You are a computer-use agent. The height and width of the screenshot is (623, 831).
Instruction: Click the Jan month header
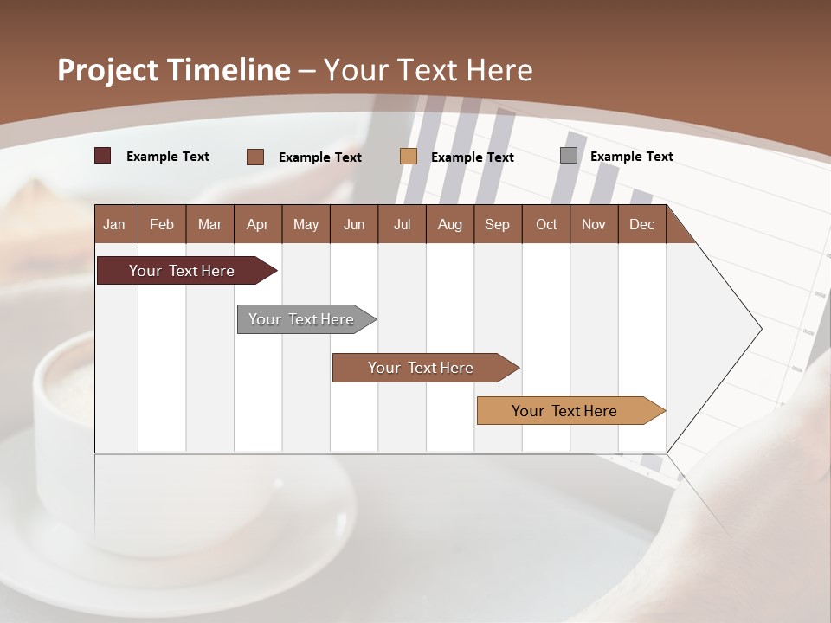pyautogui.click(x=114, y=224)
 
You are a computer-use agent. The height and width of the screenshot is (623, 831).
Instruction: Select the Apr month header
pyautogui.click(x=257, y=224)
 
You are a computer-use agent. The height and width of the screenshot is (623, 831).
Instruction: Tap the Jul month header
pyautogui.click(x=402, y=224)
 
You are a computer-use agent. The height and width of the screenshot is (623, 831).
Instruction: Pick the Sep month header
pyautogui.click(x=497, y=224)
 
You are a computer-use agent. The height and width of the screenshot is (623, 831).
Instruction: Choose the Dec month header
pyautogui.click(x=641, y=224)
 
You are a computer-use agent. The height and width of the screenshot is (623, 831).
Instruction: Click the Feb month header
pyautogui.click(x=162, y=224)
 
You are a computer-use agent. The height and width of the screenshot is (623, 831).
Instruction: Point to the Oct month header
pyautogui.click(x=546, y=224)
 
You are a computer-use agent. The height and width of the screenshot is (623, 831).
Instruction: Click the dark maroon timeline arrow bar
pyautogui.click(x=182, y=271)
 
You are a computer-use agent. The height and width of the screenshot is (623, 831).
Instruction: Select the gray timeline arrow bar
pyautogui.click(x=301, y=319)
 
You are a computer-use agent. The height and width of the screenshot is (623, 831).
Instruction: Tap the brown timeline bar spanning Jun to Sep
pyautogui.click(x=421, y=368)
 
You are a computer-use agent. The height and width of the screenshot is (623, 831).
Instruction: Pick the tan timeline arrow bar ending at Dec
pyautogui.click(x=564, y=411)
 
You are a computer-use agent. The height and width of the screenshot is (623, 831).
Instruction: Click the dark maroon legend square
pyautogui.click(x=103, y=156)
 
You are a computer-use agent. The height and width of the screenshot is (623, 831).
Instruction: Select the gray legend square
pyautogui.click(x=569, y=156)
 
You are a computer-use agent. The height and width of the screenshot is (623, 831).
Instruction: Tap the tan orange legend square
pyautogui.click(x=409, y=157)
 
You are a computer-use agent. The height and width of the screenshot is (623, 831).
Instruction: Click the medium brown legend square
pyautogui.click(x=255, y=157)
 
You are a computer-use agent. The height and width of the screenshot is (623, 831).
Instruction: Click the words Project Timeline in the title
pyautogui.click(x=173, y=70)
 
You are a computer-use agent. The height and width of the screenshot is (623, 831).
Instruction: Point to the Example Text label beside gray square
pyautogui.click(x=631, y=157)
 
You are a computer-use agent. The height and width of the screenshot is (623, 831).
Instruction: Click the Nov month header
pyautogui.click(x=594, y=224)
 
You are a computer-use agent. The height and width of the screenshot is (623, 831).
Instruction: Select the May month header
pyautogui.click(x=306, y=224)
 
